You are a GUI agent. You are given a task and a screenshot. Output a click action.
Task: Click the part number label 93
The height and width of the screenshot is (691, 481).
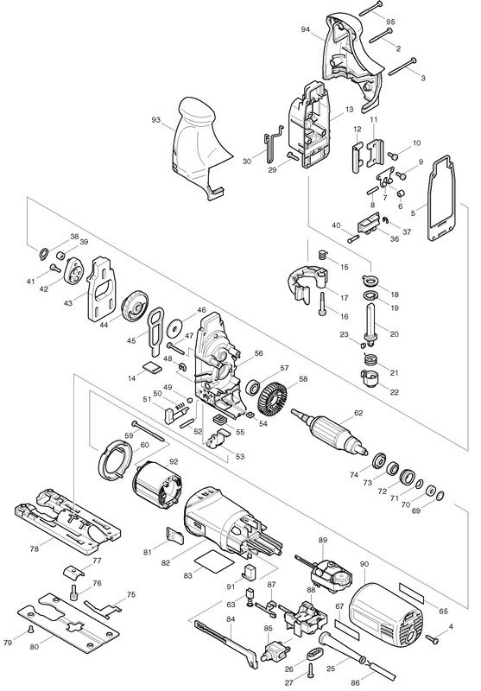tap(156, 119)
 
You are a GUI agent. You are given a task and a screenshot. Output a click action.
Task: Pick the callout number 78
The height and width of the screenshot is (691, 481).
tap(35, 548)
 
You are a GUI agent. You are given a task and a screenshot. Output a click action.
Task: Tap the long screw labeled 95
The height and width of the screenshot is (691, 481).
tap(375, 8)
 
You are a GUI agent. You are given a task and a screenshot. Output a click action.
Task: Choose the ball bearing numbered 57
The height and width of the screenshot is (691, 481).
tap(253, 386)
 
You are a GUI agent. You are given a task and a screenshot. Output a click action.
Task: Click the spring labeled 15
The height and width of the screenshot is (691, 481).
tap(324, 255)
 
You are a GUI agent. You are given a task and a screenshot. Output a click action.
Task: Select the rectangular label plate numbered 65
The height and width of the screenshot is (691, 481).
tap(411, 593)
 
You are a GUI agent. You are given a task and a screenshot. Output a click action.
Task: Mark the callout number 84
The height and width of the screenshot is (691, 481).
tap(231, 619)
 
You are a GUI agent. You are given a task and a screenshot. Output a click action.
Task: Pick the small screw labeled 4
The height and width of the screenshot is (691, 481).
tap(433, 637)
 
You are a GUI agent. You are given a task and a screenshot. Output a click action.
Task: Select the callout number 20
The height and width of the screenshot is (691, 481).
tap(395, 334)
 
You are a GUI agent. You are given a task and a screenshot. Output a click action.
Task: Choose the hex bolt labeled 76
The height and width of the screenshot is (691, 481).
tap(74, 591)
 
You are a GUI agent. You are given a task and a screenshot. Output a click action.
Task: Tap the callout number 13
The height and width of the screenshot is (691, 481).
tap(349, 110)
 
